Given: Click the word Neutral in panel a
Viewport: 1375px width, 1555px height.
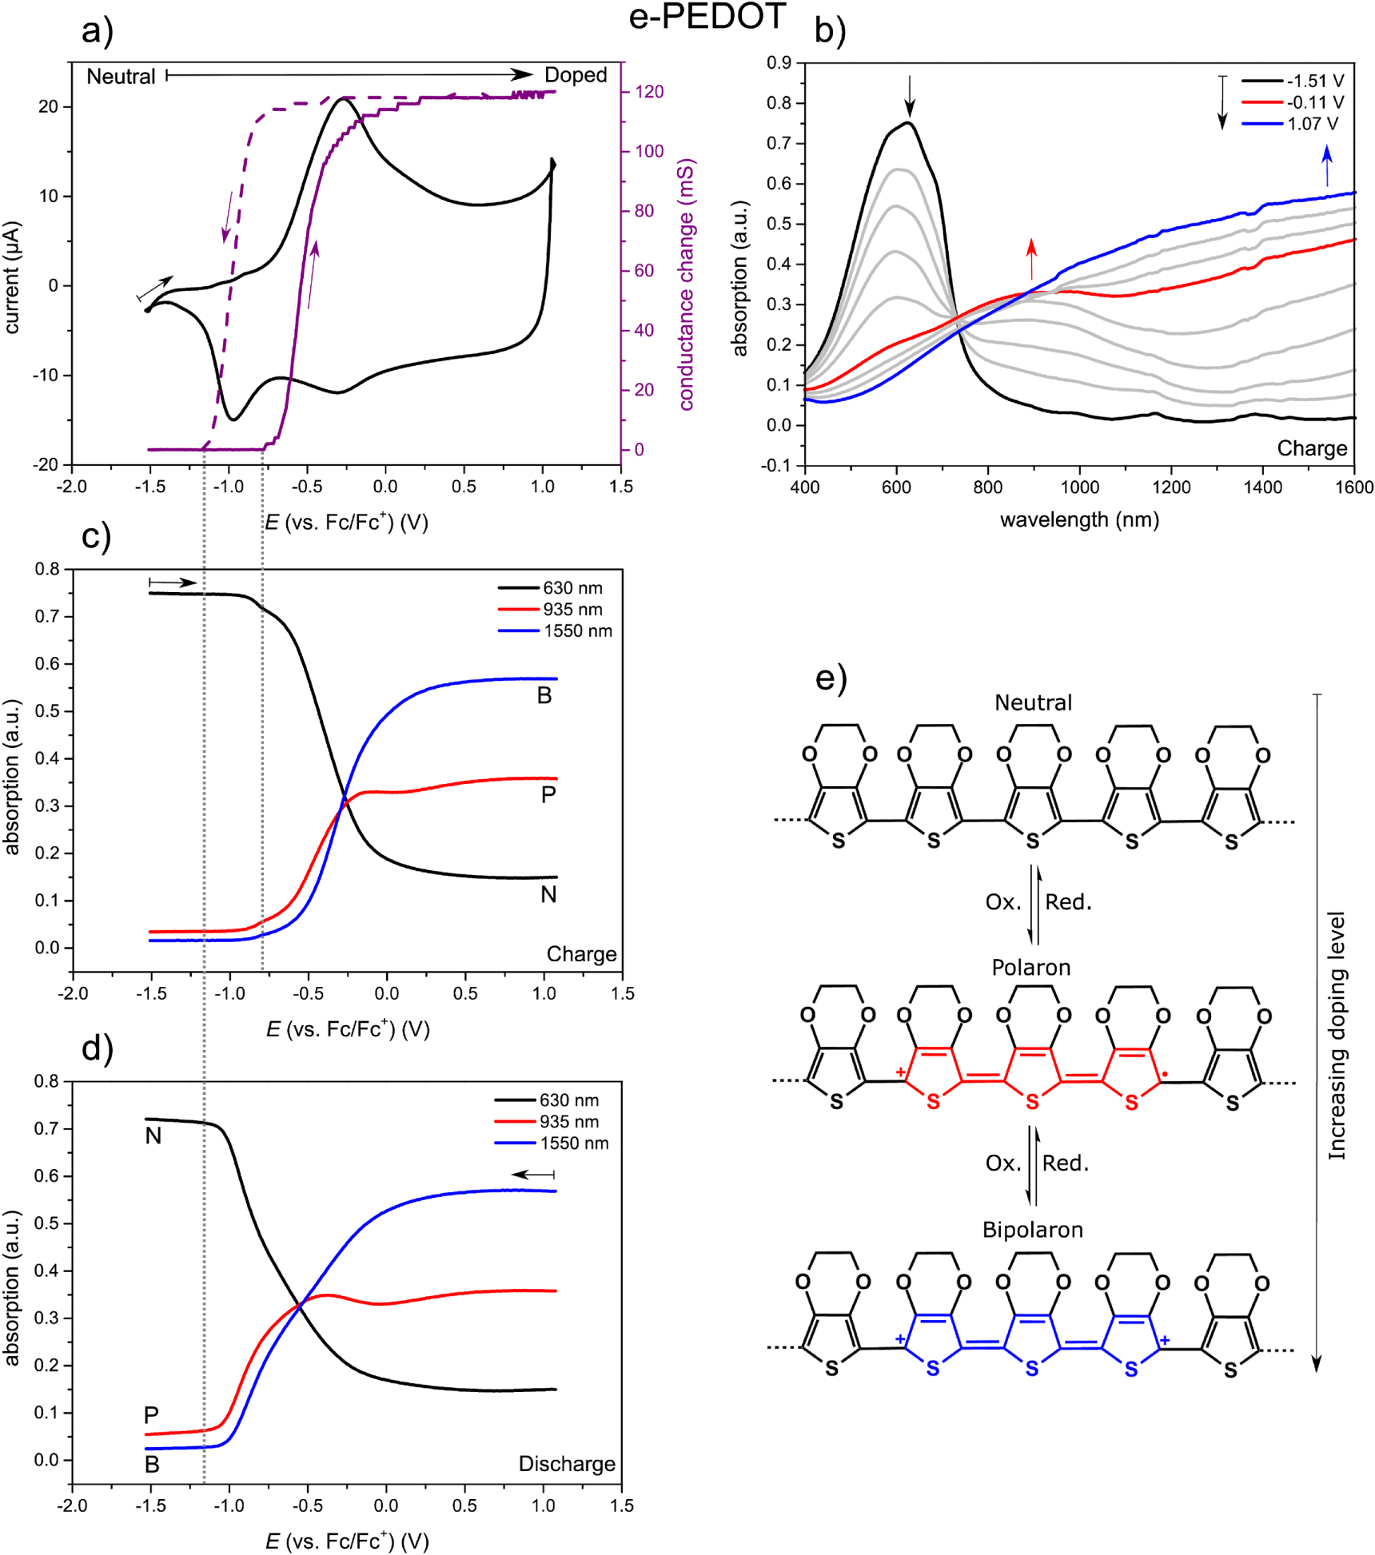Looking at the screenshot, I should (121, 77).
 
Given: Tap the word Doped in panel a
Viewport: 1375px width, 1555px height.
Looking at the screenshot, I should (576, 75).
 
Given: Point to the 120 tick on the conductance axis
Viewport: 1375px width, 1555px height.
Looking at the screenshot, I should (649, 92).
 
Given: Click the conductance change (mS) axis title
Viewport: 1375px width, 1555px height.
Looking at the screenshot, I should (687, 284).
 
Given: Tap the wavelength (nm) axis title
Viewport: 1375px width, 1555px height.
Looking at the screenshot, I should (1078, 520).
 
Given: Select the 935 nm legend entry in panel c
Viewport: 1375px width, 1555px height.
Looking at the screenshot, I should (572, 609).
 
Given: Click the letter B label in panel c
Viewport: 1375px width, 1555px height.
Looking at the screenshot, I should (544, 695).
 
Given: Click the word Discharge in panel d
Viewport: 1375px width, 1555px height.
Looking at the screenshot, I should (567, 1463).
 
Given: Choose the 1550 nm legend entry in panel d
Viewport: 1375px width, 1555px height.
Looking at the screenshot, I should (574, 1143).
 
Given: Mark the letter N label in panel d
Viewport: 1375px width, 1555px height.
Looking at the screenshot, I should (153, 1135).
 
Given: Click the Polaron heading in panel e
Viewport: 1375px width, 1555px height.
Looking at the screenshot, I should (1030, 968).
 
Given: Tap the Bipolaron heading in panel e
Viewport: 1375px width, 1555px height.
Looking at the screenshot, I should (1032, 1229).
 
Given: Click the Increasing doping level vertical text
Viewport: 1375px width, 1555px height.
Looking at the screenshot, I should (1337, 1035).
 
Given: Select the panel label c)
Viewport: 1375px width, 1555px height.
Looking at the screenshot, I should (96, 536).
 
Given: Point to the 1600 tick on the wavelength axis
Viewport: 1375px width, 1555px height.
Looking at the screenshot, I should (1353, 487).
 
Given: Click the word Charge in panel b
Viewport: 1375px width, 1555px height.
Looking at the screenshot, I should (1312, 448).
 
